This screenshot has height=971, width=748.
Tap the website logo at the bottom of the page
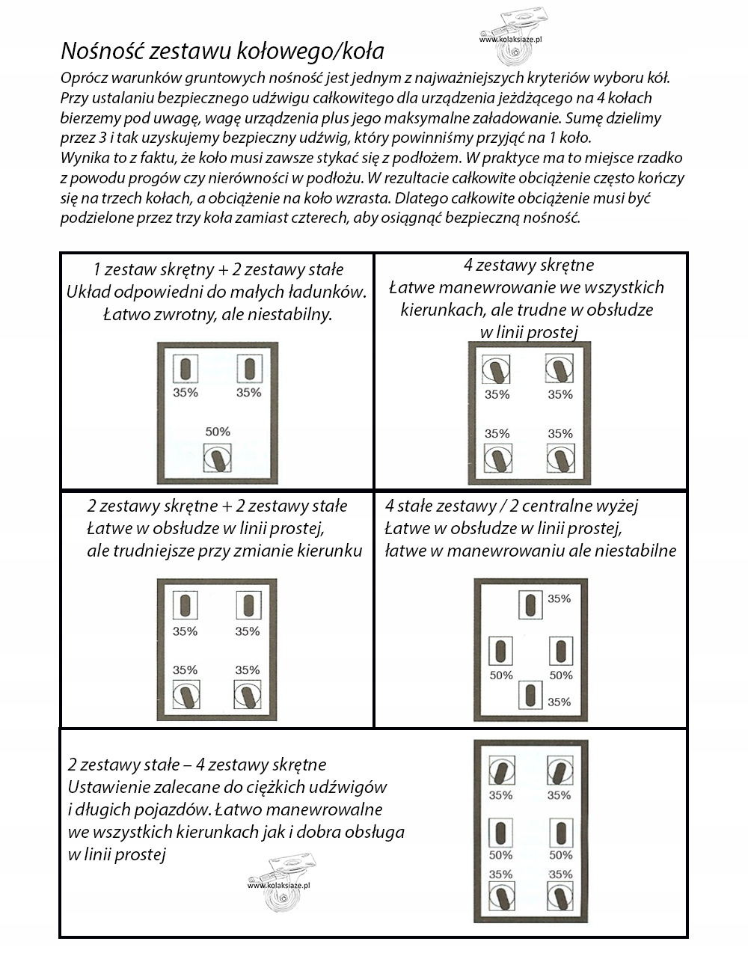[279, 883]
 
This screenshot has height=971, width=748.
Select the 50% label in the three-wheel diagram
[218, 432]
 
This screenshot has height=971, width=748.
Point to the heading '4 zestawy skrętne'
[529, 265]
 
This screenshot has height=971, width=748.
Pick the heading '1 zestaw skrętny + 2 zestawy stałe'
[218, 269]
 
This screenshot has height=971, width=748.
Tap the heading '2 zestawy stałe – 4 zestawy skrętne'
[197, 765]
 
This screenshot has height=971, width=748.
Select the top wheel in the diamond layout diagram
[531, 604]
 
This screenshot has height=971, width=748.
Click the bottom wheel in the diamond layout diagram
[531, 695]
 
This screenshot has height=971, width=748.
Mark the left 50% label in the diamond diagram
[501, 676]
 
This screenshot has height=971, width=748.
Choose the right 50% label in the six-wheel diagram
[561, 855]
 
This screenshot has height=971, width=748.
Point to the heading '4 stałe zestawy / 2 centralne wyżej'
[511, 506]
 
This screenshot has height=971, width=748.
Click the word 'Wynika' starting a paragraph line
[83, 158]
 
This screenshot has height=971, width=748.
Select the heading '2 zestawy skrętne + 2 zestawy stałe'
[217, 506]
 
